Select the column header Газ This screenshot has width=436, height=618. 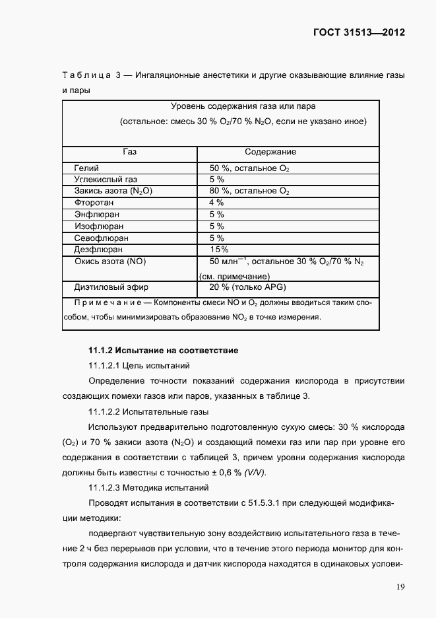click(x=129, y=152)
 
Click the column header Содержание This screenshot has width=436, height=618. click(x=270, y=152)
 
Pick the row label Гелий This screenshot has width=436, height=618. click(x=86, y=168)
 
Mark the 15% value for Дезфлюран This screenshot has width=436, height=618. click(x=219, y=250)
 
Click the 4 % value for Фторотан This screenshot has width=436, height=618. click(x=216, y=203)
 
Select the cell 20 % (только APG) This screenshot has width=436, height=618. click(x=247, y=287)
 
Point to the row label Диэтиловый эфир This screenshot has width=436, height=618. click(x=111, y=287)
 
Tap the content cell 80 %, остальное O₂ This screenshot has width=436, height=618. click(x=249, y=191)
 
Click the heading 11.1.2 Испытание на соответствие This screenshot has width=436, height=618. click(x=163, y=350)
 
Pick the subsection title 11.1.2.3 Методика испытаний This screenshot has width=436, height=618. click(x=148, y=488)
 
